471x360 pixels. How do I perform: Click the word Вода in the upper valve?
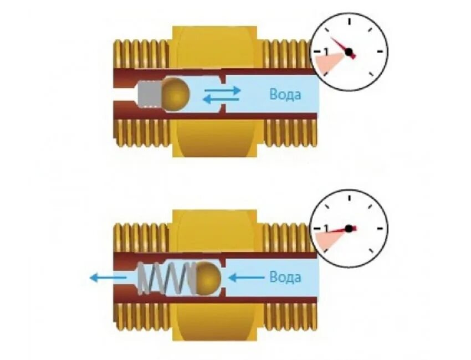click(x=285, y=95)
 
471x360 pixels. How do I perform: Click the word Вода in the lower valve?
click(x=285, y=276)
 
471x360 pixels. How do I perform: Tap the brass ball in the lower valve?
click(x=208, y=276)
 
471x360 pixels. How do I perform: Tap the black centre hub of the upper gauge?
click(x=349, y=52)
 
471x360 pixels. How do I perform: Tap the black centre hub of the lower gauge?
click(x=348, y=228)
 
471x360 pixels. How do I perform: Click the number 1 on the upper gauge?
click(x=326, y=51)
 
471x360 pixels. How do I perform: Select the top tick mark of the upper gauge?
click(x=350, y=22)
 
